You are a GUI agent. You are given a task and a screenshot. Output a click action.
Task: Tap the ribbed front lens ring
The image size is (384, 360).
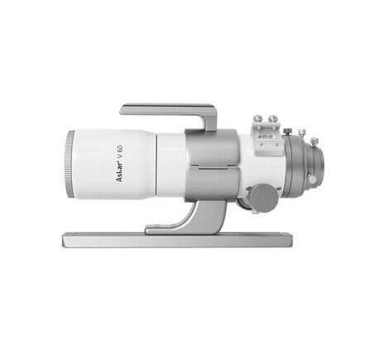pos(70,165)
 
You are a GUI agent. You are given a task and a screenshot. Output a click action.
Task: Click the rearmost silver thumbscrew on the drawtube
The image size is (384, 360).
pos(314,142)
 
